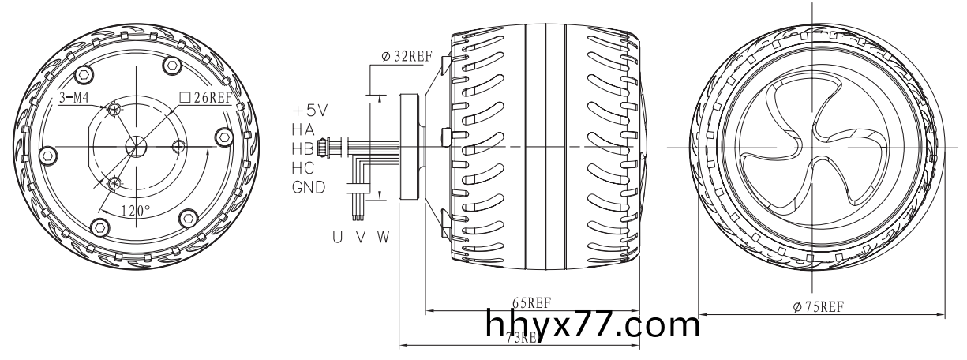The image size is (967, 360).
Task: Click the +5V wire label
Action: [x=309, y=110]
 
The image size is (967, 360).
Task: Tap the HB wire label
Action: [x=304, y=148]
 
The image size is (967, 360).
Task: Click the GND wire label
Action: [x=309, y=187]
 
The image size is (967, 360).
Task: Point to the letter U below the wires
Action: [x=337, y=236]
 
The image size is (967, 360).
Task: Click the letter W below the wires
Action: [x=382, y=236]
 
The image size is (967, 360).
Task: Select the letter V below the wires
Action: [x=359, y=236]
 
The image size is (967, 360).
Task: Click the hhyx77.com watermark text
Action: [x=594, y=324]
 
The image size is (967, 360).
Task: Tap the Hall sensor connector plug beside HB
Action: [x=322, y=148]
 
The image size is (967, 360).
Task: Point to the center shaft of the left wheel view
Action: [x=136, y=147]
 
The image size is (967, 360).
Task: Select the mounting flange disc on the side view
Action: [x=410, y=147]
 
